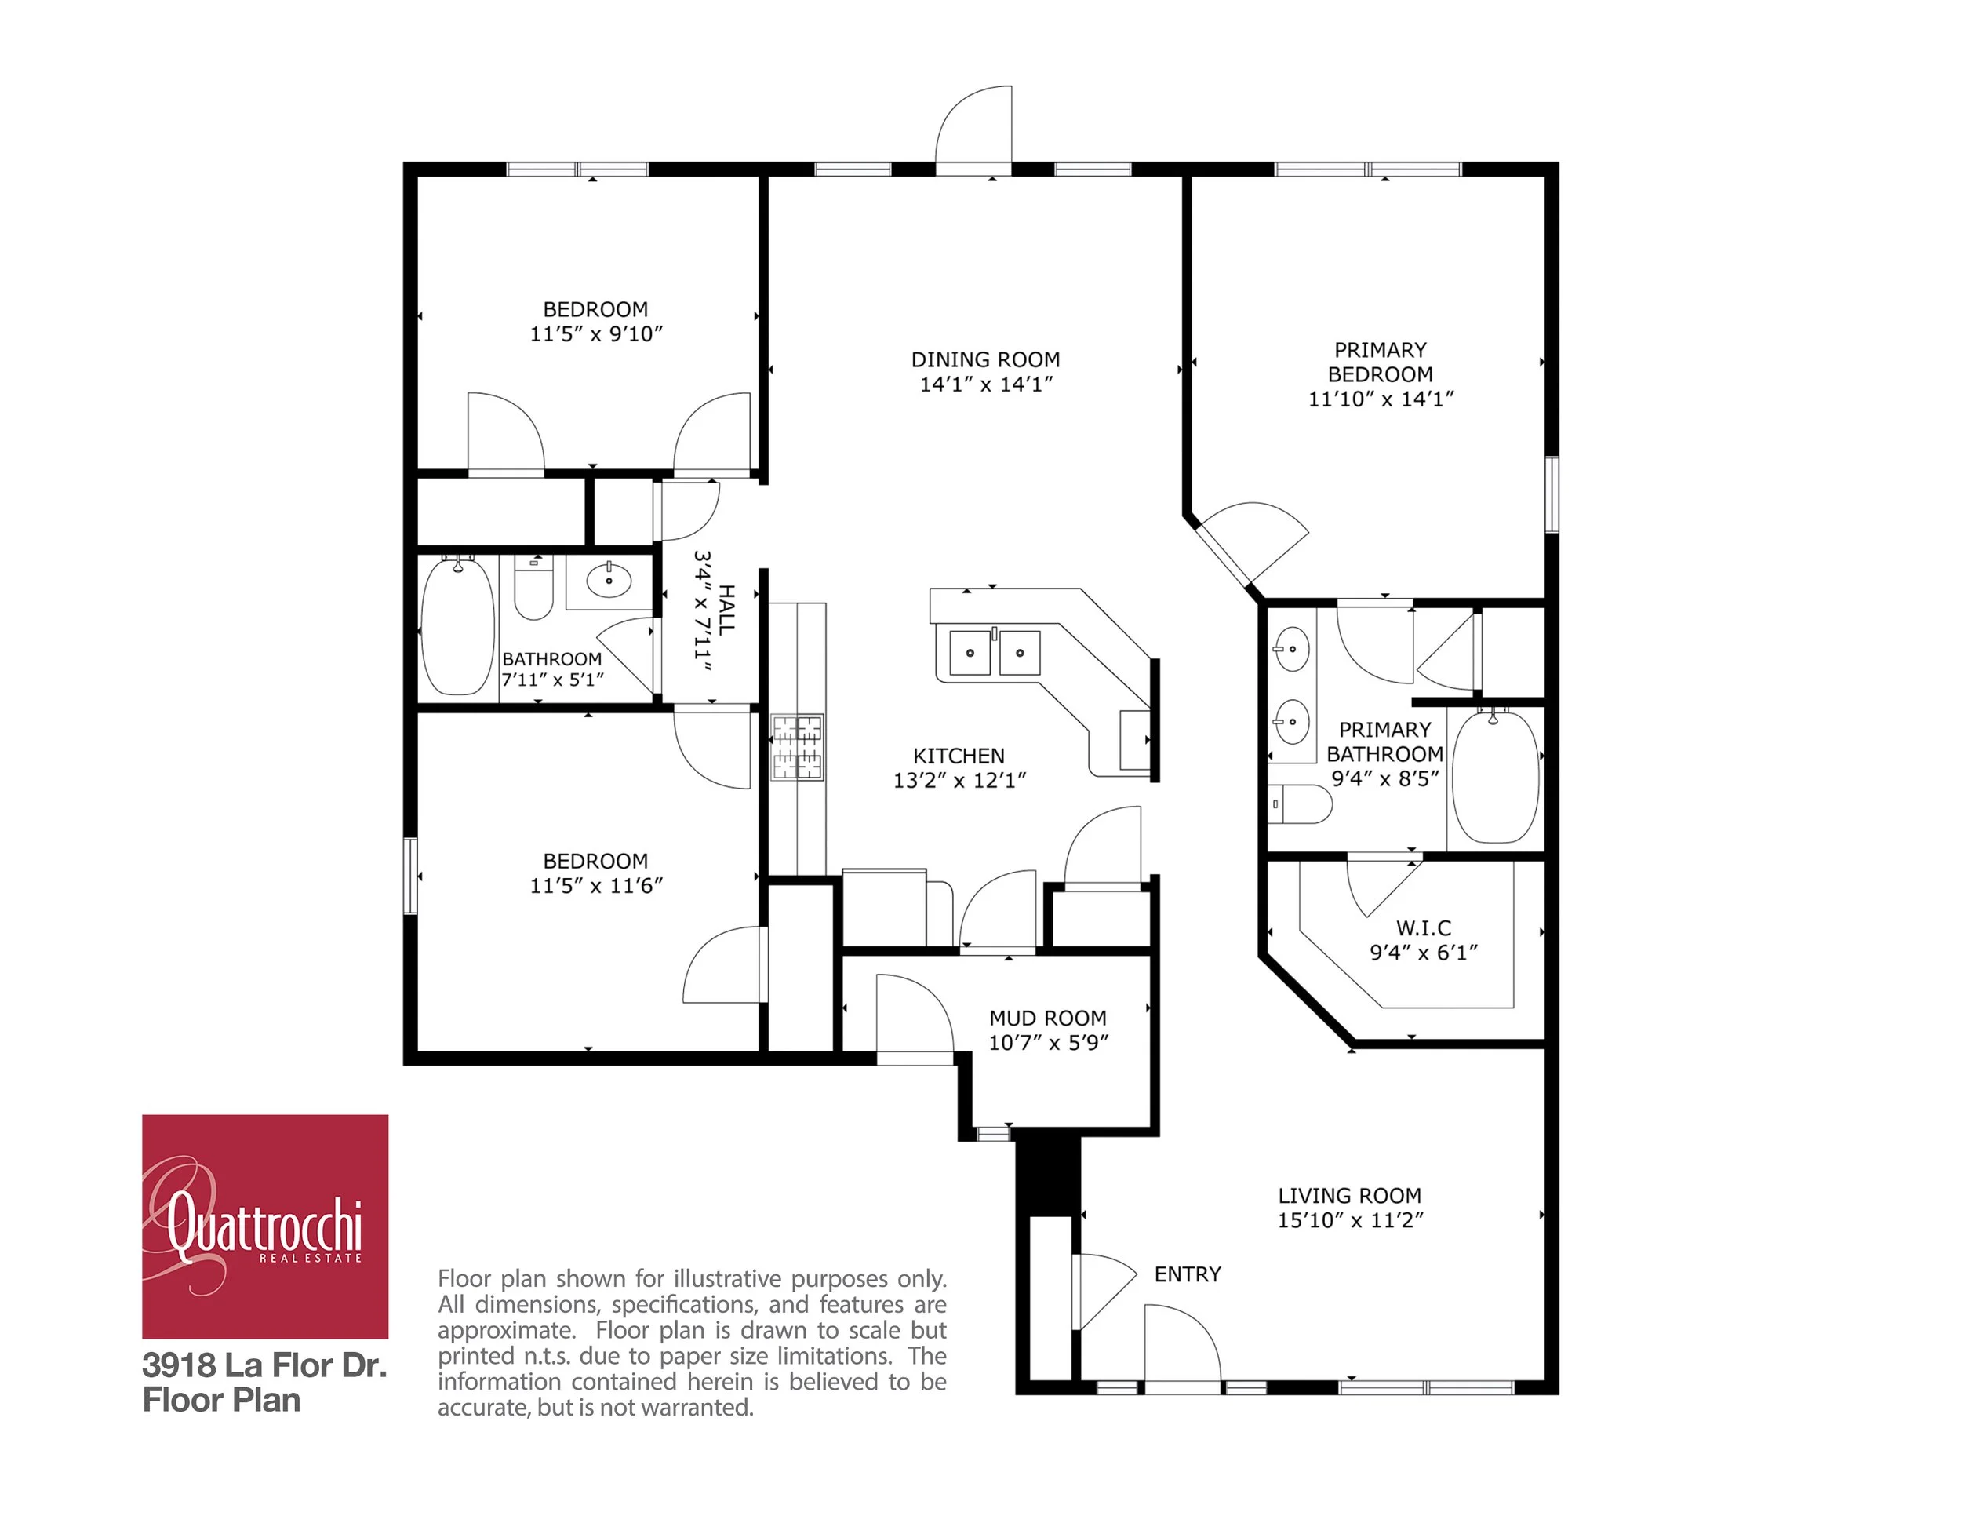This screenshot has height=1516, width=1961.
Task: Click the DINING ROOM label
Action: pyautogui.click(x=985, y=359)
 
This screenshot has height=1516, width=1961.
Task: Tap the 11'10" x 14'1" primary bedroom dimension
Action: pyautogui.click(x=1380, y=399)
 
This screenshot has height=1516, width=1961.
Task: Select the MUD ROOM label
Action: pyautogui.click(x=1047, y=1018)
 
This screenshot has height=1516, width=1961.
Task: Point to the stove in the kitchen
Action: pyautogui.click(x=797, y=747)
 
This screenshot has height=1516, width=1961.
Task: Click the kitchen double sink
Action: pyautogui.click(x=994, y=652)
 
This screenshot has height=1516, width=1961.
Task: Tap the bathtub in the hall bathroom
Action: pyautogui.click(x=458, y=626)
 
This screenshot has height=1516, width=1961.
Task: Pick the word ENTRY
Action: pyautogui.click(x=1187, y=1274)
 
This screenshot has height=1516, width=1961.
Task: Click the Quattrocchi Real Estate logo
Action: pyautogui.click(x=265, y=1226)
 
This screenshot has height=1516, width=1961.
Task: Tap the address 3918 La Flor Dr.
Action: pyautogui.click(x=264, y=1365)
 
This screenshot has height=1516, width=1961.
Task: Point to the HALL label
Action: pyautogui.click(x=726, y=610)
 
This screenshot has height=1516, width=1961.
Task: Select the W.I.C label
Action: pyautogui.click(x=1423, y=927)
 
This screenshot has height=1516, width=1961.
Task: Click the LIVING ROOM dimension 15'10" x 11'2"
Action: pyautogui.click(x=1349, y=1219)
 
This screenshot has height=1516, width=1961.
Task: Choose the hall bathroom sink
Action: pyautogui.click(x=609, y=580)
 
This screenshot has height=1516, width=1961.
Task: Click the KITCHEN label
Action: pyautogui.click(x=958, y=756)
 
